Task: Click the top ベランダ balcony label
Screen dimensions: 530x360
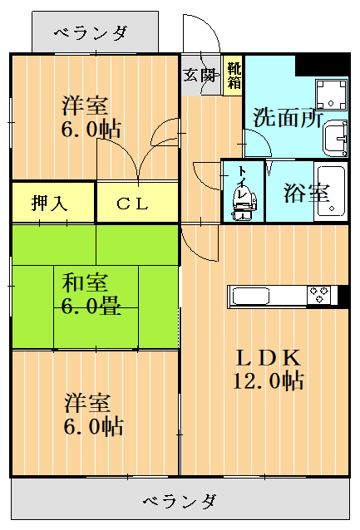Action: [91, 32]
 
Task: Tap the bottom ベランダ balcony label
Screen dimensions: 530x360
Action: [180, 501]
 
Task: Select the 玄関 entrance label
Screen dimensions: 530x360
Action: [200, 74]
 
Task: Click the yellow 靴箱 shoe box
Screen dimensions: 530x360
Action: [234, 75]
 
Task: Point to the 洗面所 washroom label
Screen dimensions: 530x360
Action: [287, 117]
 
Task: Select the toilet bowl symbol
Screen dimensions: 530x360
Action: [242, 209]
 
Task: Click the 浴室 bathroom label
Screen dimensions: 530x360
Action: [306, 193]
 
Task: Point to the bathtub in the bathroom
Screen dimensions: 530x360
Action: [332, 192]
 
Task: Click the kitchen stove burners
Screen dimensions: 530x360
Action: [319, 295]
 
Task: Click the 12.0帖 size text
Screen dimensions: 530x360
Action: [267, 381]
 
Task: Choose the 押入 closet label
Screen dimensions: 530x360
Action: [51, 203]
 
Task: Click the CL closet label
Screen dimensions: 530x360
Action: [132, 203]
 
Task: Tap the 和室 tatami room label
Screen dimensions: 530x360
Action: [85, 283]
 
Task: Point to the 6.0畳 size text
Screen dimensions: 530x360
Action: [91, 306]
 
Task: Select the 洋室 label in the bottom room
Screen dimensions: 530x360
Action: [88, 404]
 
